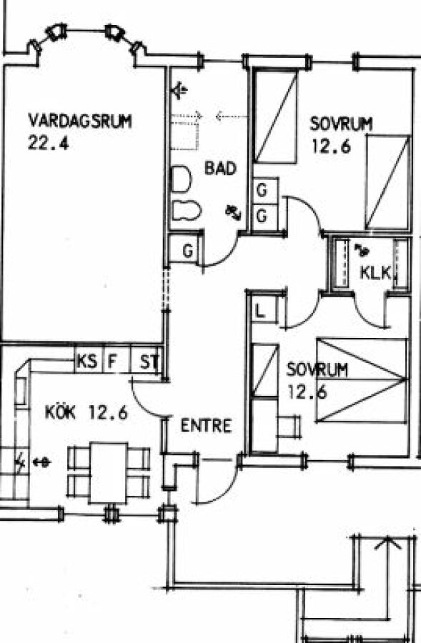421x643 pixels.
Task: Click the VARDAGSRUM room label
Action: click(80, 121)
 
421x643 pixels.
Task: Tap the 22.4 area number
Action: click(48, 143)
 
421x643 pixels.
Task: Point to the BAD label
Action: click(220, 168)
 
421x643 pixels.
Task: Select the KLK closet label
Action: click(375, 272)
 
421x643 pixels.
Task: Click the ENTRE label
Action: click(206, 426)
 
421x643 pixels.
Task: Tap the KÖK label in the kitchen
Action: click(60, 412)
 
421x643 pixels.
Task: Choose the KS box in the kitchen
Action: click(88, 362)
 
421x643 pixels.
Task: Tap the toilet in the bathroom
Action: click(181, 179)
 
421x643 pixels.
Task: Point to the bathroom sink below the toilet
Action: click(186, 211)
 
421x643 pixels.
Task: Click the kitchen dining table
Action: click(109, 472)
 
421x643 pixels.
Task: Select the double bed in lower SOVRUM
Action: click(362, 380)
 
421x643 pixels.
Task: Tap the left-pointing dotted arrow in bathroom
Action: click(232, 117)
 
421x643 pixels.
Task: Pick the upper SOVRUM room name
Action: click(342, 124)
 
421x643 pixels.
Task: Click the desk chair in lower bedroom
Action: click(289, 427)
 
